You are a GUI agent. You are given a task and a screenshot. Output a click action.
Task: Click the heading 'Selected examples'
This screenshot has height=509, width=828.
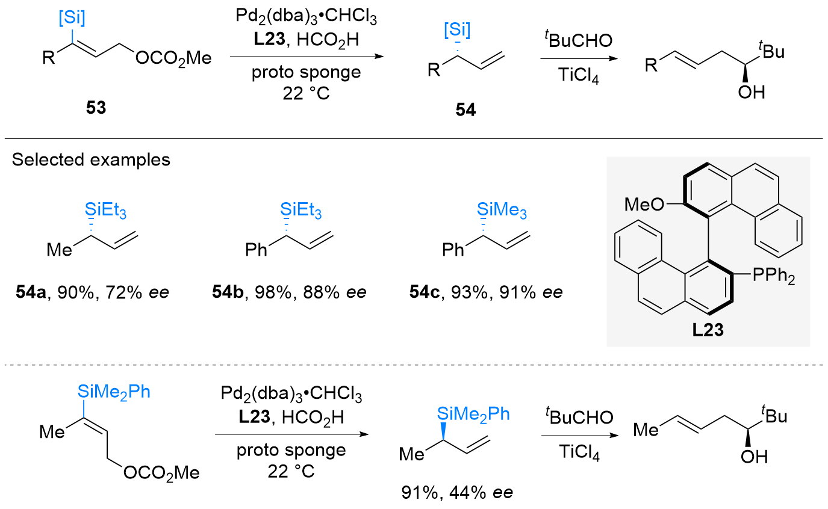coord(91,161)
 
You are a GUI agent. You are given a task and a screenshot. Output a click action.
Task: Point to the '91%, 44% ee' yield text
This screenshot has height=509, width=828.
coord(457,493)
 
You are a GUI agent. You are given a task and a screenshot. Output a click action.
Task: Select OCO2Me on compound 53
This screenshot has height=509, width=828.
coord(173,58)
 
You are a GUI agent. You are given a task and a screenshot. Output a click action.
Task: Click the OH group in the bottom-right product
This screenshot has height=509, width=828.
coord(753,457)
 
